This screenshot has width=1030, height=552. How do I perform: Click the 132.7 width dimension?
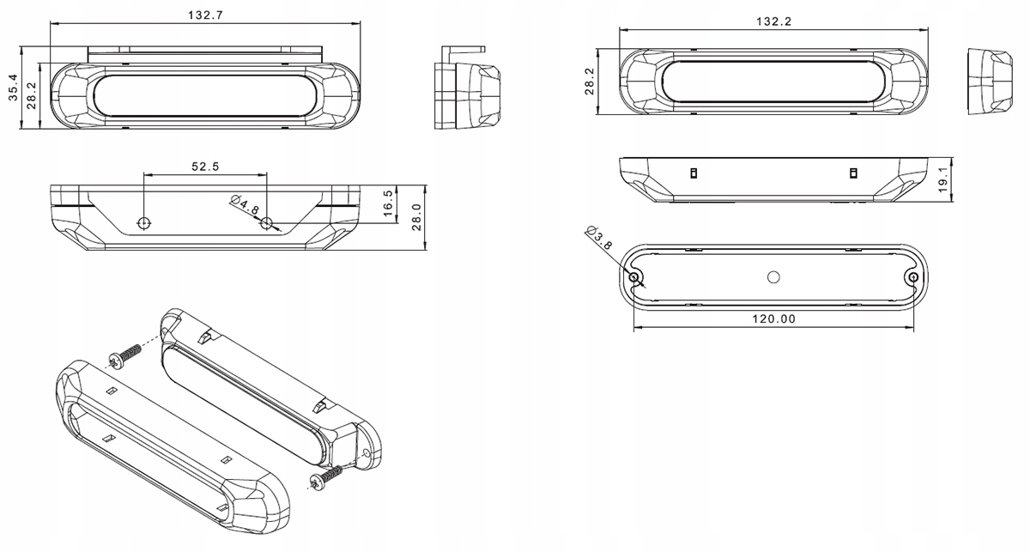[x=205, y=15]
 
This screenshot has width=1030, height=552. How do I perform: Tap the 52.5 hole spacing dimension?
[x=205, y=167]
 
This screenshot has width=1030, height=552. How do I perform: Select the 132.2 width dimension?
[x=773, y=21]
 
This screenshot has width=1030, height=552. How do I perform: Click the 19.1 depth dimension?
[x=944, y=179]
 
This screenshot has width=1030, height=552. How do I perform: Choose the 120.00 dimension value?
[x=773, y=319]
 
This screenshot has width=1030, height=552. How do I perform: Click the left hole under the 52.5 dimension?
[x=144, y=223]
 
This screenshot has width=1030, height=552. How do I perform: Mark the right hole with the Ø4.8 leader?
[x=267, y=224]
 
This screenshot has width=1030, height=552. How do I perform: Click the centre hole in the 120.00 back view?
[x=772, y=276]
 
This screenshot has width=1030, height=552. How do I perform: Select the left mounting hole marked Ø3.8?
[x=634, y=277]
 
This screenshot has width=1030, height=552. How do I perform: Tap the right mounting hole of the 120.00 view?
[x=912, y=277]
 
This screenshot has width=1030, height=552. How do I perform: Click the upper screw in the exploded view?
[x=125, y=355]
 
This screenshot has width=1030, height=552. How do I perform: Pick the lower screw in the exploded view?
[x=327, y=477]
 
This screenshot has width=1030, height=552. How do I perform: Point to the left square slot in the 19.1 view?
[x=694, y=174]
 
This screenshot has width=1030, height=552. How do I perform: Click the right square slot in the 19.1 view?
[x=853, y=174]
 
